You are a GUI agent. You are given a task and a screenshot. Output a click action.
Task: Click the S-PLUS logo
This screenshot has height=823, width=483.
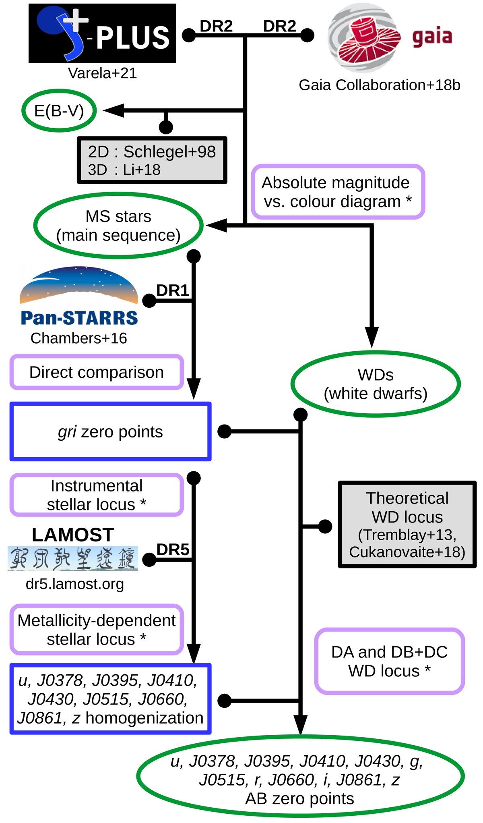tap(102, 33)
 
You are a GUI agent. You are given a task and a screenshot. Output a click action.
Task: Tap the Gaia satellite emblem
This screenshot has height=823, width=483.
tap(365, 37)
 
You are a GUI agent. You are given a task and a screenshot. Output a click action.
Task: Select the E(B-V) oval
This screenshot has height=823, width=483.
tap(59, 111)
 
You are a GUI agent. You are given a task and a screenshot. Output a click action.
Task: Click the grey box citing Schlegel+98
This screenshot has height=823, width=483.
tap(152, 160)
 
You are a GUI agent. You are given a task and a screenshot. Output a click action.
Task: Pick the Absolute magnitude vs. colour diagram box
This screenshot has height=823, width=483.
tap(338, 192)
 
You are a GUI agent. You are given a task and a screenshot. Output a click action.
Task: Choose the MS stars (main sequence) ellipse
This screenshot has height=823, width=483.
tap(118, 226)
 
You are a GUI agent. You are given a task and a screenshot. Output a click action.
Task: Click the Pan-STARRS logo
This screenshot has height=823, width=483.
tap(79, 296)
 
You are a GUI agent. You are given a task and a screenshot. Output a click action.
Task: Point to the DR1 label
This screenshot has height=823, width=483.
tap(172, 290)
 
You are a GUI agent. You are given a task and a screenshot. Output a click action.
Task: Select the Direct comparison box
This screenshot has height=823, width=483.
tap(97, 372)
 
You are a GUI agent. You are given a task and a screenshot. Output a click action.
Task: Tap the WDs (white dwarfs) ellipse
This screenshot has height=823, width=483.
tap(376, 384)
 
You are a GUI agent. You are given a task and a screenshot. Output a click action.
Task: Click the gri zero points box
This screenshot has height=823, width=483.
tap(111, 431)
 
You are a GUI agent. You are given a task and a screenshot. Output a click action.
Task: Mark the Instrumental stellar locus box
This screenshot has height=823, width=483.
tap(97, 495)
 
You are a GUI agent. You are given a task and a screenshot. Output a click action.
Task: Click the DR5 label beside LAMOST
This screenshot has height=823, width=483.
tap(173, 549)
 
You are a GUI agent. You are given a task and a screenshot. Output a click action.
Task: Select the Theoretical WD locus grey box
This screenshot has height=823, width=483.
tap(407, 524)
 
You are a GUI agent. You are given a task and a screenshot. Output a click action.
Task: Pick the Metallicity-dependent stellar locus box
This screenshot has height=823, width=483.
tap(97, 630)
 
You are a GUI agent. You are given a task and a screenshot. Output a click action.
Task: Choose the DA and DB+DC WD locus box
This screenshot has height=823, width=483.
tap(389, 661)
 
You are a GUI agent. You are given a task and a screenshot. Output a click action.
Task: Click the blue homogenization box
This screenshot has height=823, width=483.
tap(111, 699)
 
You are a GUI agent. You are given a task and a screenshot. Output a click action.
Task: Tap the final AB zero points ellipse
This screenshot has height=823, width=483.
tap(300, 779)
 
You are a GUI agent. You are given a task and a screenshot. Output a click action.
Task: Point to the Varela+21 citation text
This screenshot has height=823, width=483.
tap(102, 73)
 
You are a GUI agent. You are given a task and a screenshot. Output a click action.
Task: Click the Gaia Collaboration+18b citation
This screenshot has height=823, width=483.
tap(379, 85)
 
